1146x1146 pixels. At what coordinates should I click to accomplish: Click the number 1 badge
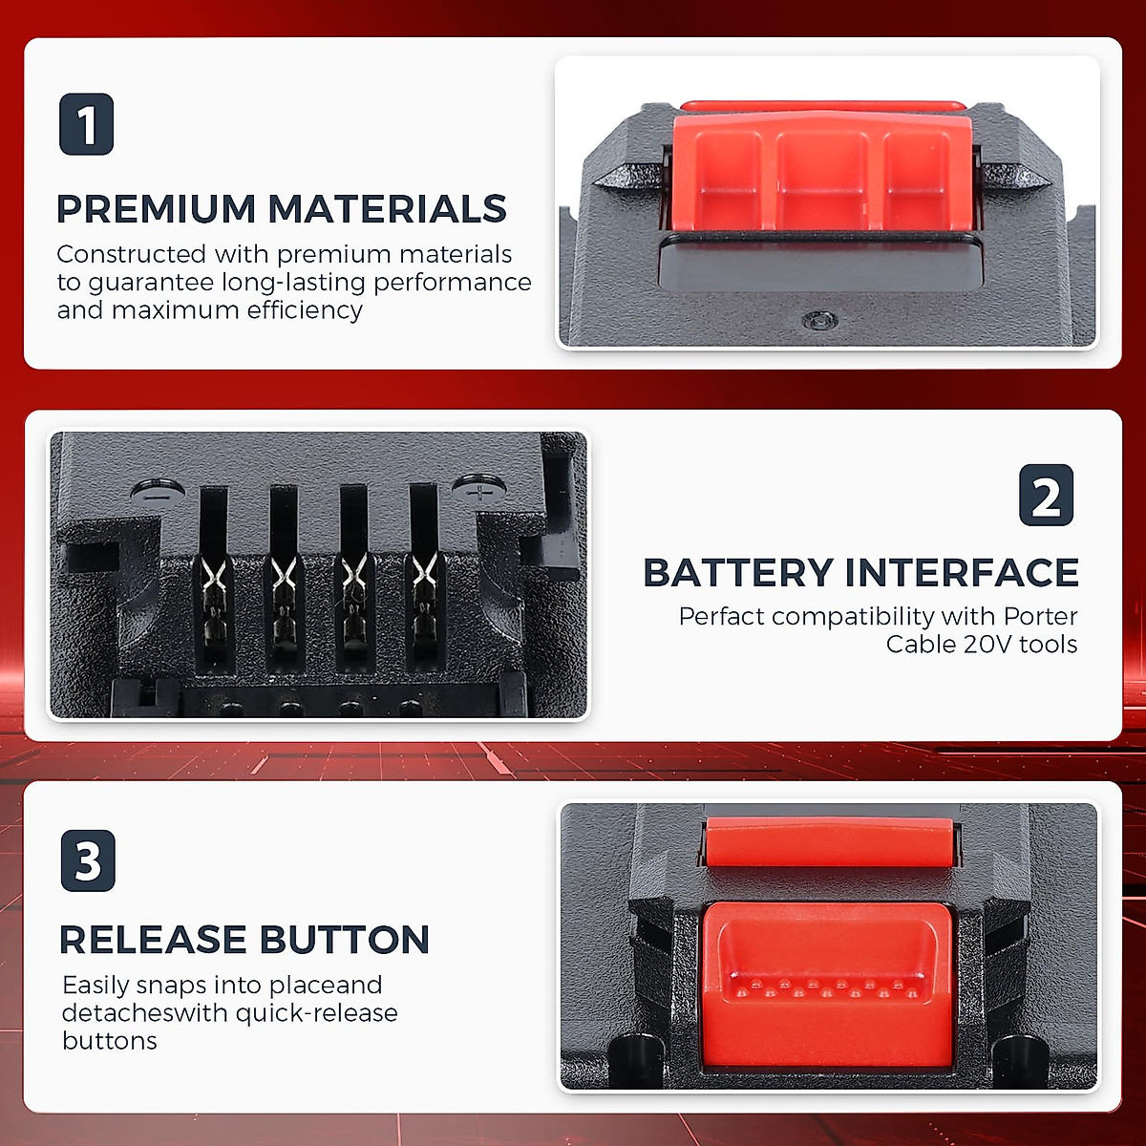pos(87,124)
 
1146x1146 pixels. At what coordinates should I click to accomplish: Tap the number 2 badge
pos(1047,496)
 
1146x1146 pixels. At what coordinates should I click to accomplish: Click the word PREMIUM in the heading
pos(157,209)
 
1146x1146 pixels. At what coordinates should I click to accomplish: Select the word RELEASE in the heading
pos(152,940)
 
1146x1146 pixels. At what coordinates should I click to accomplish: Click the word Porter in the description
pos(1040,617)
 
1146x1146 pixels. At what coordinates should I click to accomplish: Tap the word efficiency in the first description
pos(305,310)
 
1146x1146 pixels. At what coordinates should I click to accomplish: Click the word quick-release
pos(316,1013)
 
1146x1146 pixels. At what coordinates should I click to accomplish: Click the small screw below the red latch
pos(814,321)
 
